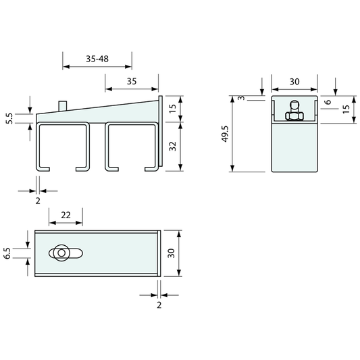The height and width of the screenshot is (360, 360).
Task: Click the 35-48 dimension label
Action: coord(97,59)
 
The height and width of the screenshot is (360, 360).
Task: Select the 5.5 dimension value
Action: coord(9,118)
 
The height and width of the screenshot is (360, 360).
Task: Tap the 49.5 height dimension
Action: coord(225,134)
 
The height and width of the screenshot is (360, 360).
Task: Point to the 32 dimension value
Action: coord(172,147)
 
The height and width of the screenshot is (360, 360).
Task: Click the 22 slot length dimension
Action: coord(66,215)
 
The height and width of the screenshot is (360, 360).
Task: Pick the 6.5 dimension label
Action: coord(7,253)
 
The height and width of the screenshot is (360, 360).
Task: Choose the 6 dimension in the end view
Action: coord(328,102)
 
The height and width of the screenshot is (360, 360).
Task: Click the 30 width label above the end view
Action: coord(294,82)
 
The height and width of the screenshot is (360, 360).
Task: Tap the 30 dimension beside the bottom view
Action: coord(172,253)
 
